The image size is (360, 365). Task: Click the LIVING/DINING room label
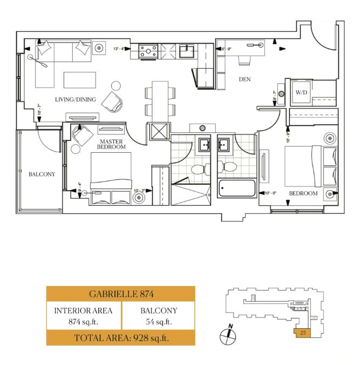pyautogui.click(x=76, y=99)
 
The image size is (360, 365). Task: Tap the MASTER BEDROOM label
pyautogui.click(x=112, y=144)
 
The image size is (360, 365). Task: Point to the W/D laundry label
pyautogui.click(x=301, y=93)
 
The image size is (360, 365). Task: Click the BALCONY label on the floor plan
pyautogui.click(x=42, y=174)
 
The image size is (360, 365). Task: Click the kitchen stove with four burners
pyautogui.click(x=147, y=51)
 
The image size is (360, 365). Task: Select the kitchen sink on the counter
pyautogui.click(x=187, y=51)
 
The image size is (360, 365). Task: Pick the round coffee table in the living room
pyautogui.click(x=116, y=86)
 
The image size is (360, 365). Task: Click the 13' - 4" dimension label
pyautogui.click(x=120, y=49)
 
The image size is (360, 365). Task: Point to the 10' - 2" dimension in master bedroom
pyautogui.click(x=140, y=190)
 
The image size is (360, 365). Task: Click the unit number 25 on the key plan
pyautogui.click(x=303, y=333)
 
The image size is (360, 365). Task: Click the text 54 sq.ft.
pyautogui.click(x=159, y=322)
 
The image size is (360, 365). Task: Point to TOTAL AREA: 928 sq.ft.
pyautogui.click(x=121, y=339)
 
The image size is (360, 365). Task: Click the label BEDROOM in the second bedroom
pyautogui.click(x=303, y=193)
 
